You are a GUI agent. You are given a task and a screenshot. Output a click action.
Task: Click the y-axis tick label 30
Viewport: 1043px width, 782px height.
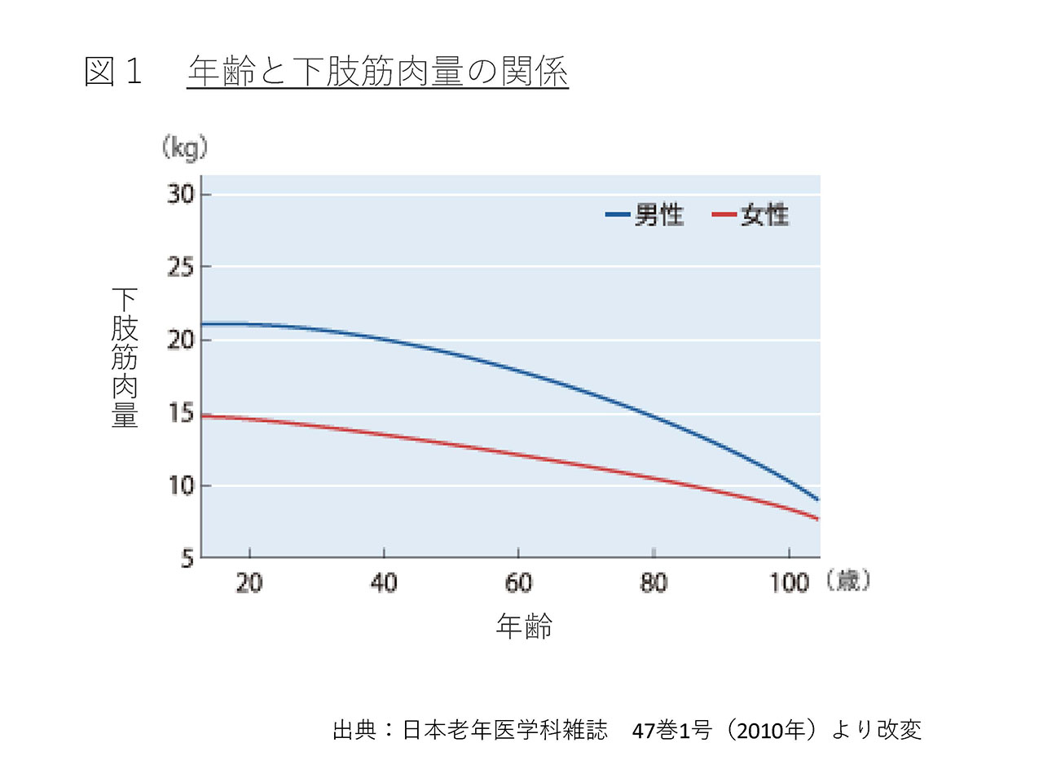181,194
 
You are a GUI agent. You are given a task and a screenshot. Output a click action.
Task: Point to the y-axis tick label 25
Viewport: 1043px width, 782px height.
181,267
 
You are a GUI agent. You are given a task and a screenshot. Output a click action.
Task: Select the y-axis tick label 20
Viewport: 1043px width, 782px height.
181,340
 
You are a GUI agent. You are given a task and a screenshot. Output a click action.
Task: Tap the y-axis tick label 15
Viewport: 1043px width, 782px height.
181,413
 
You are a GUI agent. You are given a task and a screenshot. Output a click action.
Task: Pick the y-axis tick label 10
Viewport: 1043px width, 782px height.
181,485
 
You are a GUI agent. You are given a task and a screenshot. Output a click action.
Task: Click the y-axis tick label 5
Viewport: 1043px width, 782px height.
187,559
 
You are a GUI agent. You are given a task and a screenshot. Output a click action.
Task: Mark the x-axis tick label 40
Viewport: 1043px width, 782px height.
384,582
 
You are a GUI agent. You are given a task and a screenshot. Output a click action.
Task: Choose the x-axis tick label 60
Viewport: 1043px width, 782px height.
518,582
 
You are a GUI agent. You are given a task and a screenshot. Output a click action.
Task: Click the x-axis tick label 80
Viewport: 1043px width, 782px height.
654,582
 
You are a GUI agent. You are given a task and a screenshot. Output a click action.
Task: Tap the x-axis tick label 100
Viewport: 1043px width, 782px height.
789,582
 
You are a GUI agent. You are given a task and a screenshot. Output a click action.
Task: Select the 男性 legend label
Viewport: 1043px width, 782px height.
659,214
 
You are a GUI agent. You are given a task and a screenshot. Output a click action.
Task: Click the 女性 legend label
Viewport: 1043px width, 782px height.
764,214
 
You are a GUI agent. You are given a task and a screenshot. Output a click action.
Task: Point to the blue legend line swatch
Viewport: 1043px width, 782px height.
618,214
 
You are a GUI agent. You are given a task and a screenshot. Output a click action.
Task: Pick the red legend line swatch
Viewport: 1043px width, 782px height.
724,214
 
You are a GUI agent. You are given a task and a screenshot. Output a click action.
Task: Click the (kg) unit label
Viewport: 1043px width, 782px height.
185,148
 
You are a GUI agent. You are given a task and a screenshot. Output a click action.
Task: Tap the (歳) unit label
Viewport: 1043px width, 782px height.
848,580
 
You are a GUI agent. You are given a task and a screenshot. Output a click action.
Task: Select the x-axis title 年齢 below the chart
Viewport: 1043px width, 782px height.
524,626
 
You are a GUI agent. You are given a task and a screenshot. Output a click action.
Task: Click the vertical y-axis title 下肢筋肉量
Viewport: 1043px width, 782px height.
125,358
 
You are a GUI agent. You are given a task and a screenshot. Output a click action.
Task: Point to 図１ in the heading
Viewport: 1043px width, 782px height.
113,71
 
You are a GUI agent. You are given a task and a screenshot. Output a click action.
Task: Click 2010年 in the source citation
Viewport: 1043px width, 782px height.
771,731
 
